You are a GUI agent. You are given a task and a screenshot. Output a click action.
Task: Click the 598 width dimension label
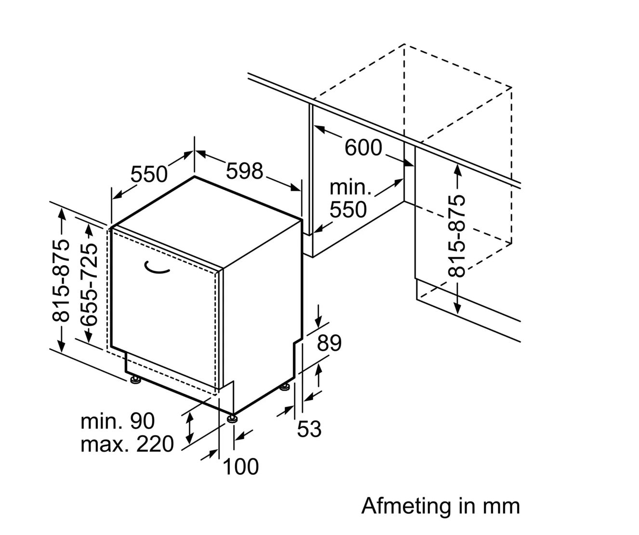[245, 172]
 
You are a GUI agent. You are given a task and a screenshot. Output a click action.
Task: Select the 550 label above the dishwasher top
[149, 174]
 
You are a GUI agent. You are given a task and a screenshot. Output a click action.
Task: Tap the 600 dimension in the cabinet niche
[363, 147]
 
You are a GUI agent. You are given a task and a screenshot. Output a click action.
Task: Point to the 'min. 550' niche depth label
[350, 199]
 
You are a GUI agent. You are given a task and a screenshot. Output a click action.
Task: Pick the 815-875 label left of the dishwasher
[61, 281]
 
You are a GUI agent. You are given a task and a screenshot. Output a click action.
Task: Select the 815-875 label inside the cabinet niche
[457, 236]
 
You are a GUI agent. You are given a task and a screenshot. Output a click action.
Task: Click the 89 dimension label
[330, 343]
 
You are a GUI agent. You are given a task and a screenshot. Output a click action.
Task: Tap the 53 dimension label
[309, 428]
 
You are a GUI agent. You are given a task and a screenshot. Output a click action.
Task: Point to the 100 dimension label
[240, 467]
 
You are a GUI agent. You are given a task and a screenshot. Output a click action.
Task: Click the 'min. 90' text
[118, 421]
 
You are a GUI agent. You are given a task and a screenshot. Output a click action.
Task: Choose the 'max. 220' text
[127, 444]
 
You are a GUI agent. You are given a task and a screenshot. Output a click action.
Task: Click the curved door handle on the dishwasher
[158, 268]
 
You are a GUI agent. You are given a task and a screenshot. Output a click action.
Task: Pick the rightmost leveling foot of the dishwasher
[285, 386]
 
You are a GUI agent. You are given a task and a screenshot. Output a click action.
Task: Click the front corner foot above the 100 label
[233, 417]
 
